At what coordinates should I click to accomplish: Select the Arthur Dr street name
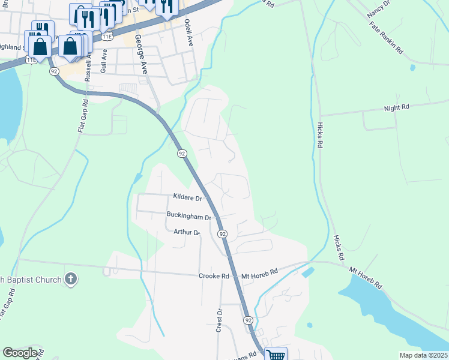pos(186,232)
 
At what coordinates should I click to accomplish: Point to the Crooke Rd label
pos(214,276)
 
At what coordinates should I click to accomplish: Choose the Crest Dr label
pos(220,320)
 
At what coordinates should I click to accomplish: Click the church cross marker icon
pos(71,278)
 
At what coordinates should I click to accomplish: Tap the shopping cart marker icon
pos(276,355)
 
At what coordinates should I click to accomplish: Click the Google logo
pos(20,353)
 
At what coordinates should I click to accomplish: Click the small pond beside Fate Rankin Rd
pos(412,67)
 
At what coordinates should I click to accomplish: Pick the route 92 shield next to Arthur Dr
pos(222,233)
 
